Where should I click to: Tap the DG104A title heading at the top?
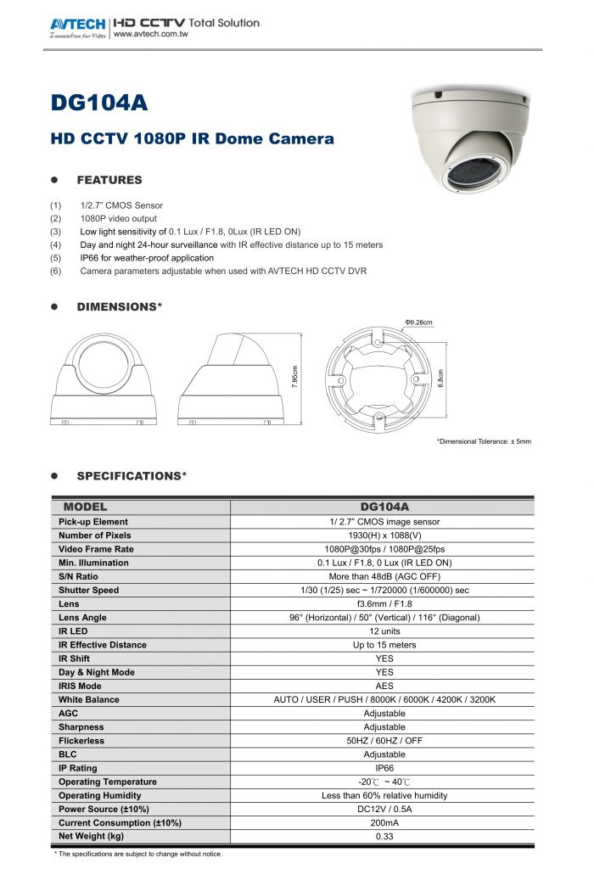[100, 104]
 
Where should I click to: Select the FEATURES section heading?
[109, 180]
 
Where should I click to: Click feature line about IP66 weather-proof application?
[147, 258]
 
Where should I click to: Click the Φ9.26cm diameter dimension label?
[418, 322]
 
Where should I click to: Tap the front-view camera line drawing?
[105, 378]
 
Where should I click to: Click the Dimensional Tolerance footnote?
[484, 441]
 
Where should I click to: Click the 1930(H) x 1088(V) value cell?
[384, 535]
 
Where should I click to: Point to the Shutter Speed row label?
[89, 590]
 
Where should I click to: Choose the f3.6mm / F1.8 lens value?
[384, 603]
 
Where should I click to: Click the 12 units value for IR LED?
[384, 631]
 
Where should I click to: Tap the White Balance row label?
[89, 699]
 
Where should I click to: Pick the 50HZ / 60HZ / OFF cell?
[384, 741]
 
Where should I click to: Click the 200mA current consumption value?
[384, 823]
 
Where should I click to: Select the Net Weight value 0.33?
[384, 837]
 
